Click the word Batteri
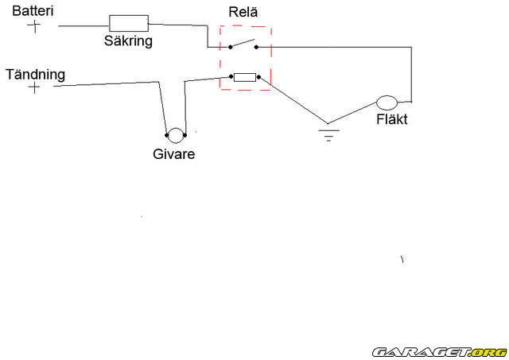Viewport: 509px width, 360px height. (x=33, y=11)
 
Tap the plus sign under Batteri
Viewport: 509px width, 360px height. (x=33, y=26)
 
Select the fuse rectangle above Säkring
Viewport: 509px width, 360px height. (x=128, y=22)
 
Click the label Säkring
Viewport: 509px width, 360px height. (x=127, y=39)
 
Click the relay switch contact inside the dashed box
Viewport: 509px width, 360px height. (x=244, y=44)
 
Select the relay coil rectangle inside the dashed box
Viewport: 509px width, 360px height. (x=244, y=77)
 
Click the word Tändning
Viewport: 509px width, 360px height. (x=35, y=74)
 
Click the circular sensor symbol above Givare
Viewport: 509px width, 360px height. (x=175, y=135)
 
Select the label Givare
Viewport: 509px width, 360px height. (x=173, y=154)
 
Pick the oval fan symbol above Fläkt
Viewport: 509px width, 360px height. (x=387, y=104)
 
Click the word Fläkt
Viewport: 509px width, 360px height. (x=392, y=121)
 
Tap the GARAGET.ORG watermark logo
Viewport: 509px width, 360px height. (x=439, y=351)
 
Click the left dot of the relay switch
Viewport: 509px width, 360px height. (x=231, y=47)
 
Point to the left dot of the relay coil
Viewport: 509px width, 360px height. (x=231, y=77)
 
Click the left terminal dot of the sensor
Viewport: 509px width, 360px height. (x=167, y=135)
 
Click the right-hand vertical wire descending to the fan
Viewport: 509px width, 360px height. (x=410, y=75)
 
